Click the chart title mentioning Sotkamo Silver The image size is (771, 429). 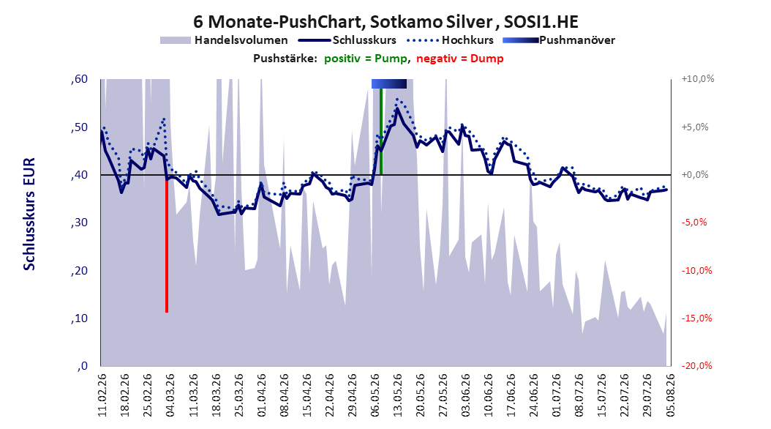pos(385,22)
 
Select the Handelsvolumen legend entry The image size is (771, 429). pos(225,40)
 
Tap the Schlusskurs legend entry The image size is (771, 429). pos(347,40)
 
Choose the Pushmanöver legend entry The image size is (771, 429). pos(559,40)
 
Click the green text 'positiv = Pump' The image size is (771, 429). pos(366,59)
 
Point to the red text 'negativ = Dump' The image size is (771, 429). pos(460,59)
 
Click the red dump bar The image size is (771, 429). pos(167,244)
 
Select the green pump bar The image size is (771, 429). pos(381,132)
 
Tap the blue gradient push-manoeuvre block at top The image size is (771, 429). pos(389,83)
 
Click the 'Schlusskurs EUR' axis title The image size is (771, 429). pos(29,214)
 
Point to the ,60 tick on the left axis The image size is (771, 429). pos(79,79)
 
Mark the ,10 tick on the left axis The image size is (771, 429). pos(79,318)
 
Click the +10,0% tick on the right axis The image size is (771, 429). pos(698,79)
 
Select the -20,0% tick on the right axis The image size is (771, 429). pos(696,366)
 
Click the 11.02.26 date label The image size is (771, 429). pos(102,395)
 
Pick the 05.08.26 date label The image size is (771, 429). pos(670,395)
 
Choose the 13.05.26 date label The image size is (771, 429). pos(398,395)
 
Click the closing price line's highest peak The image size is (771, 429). pos(396,109)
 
